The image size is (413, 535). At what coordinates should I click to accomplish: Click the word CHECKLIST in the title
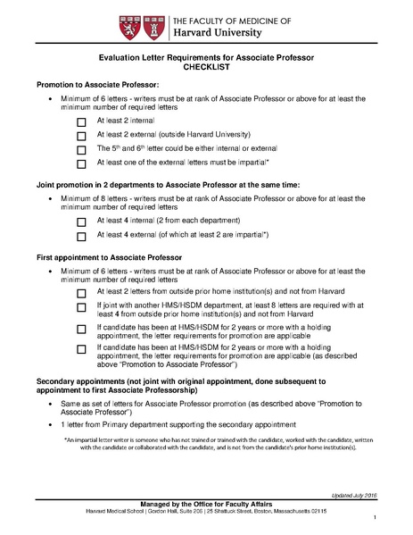pos(206,67)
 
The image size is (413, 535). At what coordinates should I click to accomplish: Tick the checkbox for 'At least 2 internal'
pos(82,121)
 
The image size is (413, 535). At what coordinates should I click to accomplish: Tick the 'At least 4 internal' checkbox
pos(82,222)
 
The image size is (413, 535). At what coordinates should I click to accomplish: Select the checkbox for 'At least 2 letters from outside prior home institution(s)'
pos(82,293)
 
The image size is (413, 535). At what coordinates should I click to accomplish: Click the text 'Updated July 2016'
pos(353,494)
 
